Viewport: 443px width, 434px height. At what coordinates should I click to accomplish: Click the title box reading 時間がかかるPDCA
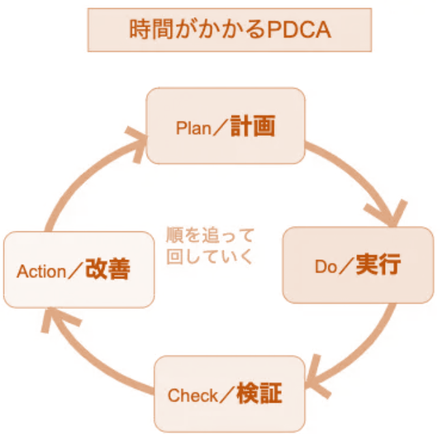coord(229,30)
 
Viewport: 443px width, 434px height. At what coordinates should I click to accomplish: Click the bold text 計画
coord(253,127)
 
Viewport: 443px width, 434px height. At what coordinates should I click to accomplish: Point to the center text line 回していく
coord(210,257)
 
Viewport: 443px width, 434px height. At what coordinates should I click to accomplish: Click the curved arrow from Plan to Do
coord(355,167)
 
